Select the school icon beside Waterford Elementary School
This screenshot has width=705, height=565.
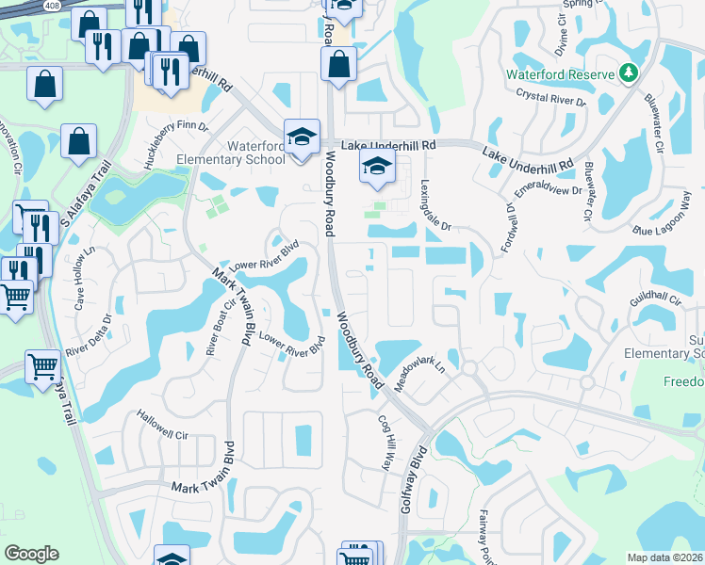303,137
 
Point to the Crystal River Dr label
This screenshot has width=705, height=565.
551,97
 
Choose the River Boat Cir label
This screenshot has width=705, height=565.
216,329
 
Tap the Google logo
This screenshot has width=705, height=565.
31,554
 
